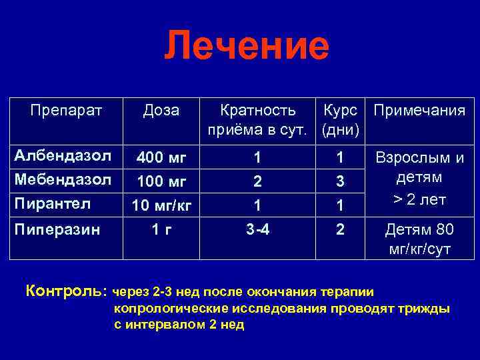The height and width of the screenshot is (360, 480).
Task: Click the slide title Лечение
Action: click(x=247, y=47)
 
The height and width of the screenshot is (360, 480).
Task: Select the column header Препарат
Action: click(x=67, y=110)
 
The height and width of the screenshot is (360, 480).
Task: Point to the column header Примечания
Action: click(x=419, y=110)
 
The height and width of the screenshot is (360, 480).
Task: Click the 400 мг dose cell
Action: click(x=161, y=158)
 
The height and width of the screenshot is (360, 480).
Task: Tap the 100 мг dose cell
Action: click(x=161, y=181)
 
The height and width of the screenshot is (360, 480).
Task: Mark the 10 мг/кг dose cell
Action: click(x=161, y=205)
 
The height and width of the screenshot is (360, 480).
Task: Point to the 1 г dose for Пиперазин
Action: click(x=161, y=230)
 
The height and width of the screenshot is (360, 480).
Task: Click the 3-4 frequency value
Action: click(x=258, y=230)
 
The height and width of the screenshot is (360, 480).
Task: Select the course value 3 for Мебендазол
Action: click(x=340, y=181)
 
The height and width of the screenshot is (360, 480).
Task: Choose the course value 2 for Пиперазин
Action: click(x=340, y=230)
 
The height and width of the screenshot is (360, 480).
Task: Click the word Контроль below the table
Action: click(x=65, y=291)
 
